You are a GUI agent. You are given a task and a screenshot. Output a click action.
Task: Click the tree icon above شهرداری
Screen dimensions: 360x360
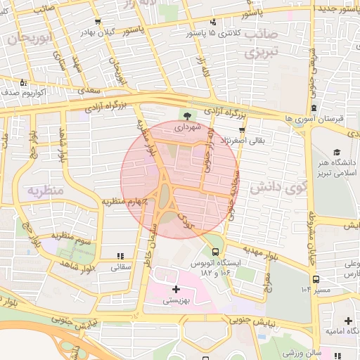188,117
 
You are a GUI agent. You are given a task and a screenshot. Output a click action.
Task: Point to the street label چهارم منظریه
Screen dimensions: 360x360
125,202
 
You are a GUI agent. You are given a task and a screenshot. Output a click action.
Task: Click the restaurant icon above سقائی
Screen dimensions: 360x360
120,255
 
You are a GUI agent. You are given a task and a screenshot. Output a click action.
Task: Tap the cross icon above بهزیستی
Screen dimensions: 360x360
175,289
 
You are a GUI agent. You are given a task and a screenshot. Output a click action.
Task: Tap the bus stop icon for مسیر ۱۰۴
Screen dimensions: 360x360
316,279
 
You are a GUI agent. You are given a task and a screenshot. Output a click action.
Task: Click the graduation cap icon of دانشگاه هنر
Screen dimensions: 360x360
337,153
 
